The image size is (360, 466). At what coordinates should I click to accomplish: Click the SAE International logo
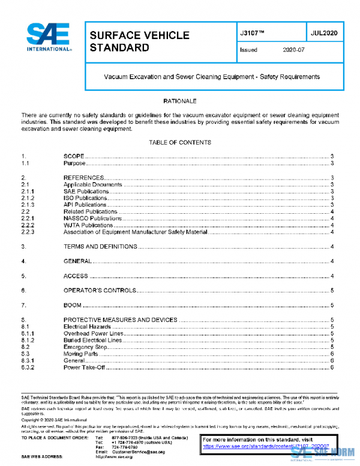coord(49,37)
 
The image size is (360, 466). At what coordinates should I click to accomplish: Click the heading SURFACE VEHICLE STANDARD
coord(139,41)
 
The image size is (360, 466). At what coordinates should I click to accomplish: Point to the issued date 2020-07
coord(293,50)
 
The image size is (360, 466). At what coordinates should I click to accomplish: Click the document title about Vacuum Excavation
coord(212,77)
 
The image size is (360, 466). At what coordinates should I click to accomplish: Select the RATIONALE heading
coord(179,101)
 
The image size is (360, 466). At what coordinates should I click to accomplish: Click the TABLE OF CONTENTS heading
coord(179,142)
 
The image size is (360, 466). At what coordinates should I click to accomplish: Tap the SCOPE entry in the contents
coord(74,156)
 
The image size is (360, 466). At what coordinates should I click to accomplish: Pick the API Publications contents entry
coord(85,205)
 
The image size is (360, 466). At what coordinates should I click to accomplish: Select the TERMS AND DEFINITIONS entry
coord(100,247)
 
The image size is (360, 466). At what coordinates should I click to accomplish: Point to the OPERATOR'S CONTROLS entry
coord(99,290)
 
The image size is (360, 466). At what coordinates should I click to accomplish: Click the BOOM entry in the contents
coord(73,305)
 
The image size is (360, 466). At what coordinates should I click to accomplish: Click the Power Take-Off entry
coord(85,368)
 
